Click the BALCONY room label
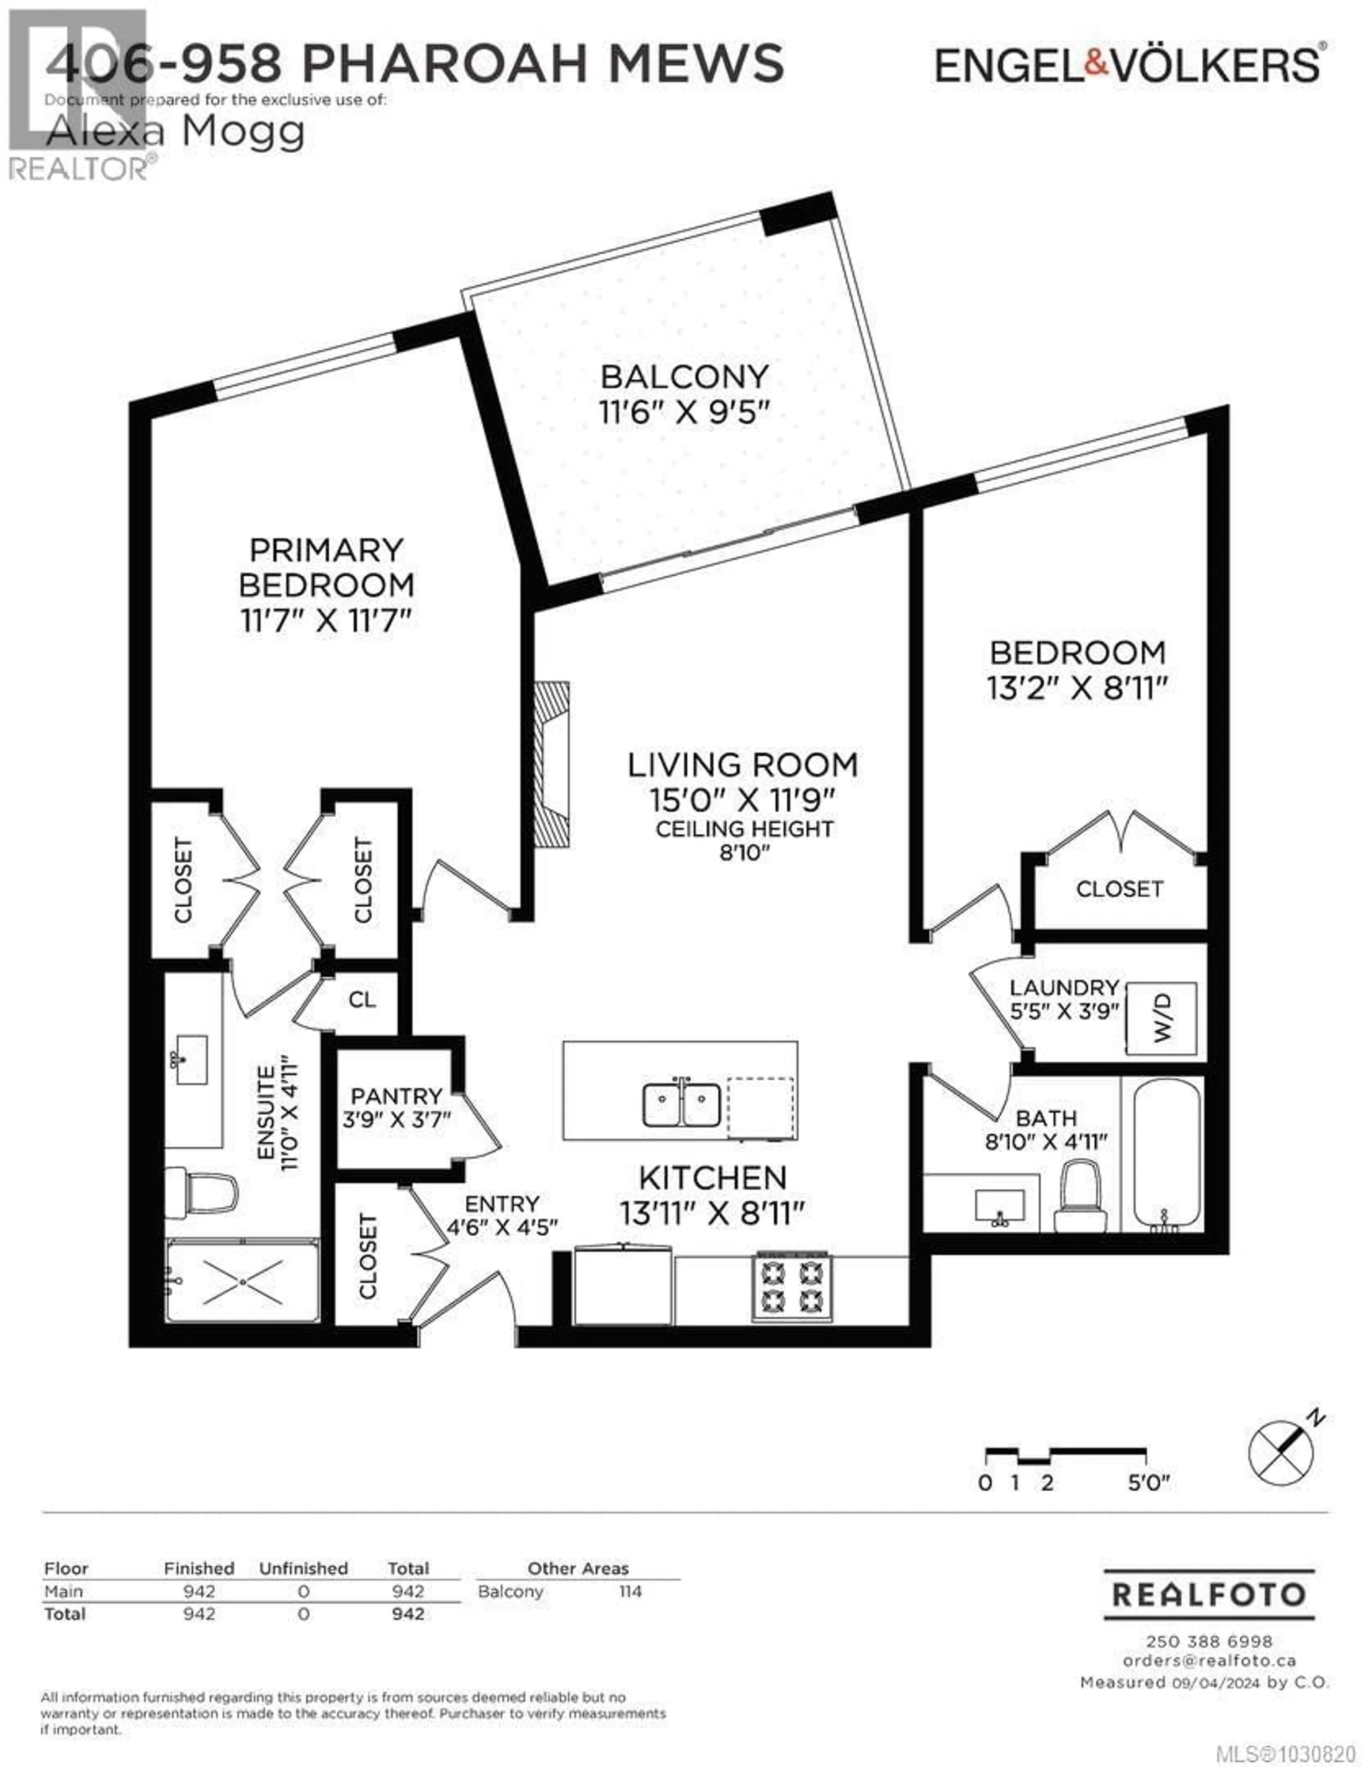684,377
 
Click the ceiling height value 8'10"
744,853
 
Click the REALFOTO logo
1209,1595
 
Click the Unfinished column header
303,1568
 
